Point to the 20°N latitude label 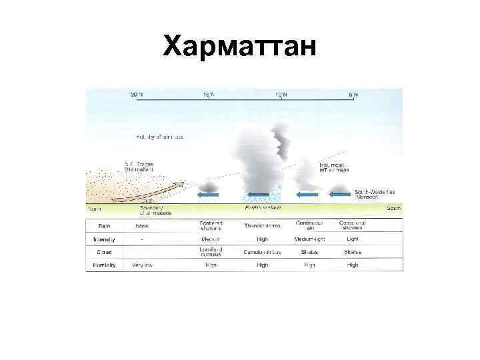[x=137, y=95]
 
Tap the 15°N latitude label [x=209, y=95]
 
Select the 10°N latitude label [x=281, y=95]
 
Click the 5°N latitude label [x=353, y=95]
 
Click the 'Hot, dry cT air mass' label [x=160, y=137]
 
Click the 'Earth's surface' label [x=263, y=208]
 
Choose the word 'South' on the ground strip [x=394, y=208]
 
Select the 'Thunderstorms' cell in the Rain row [x=263, y=225]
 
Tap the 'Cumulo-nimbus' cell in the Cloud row [x=263, y=252]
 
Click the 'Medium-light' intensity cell [x=309, y=239]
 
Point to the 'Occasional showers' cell [x=353, y=225]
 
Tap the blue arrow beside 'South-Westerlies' [x=341, y=195]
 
